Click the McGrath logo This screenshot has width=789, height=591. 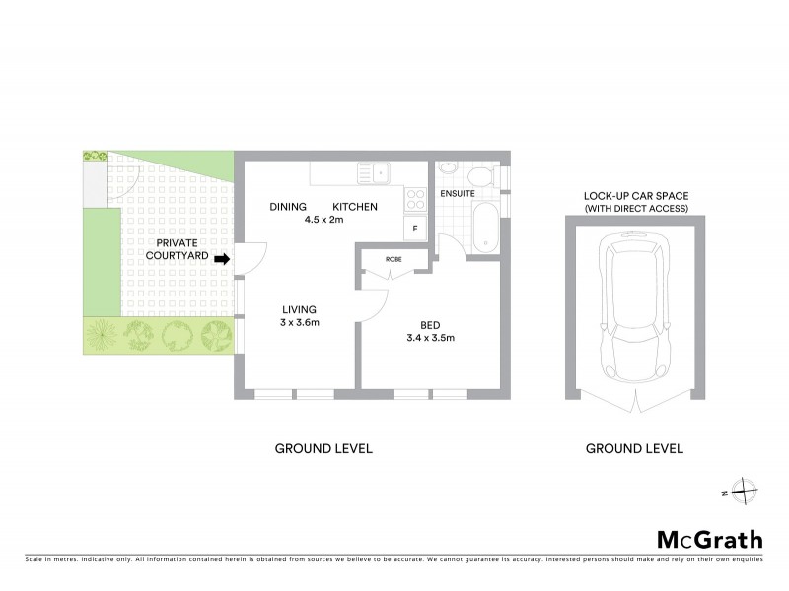(710, 539)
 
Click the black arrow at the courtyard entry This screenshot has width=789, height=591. (222, 260)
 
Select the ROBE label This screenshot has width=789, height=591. (394, 259)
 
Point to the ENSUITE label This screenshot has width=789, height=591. (458, 194)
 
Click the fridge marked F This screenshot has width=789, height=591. (415, 229)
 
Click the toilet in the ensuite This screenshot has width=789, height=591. (480, 176)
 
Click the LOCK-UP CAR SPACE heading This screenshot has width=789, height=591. (634, 196)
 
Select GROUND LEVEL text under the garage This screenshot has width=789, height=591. (634, 448)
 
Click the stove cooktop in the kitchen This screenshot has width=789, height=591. (415, 197)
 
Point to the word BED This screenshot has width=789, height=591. (430, 324)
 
